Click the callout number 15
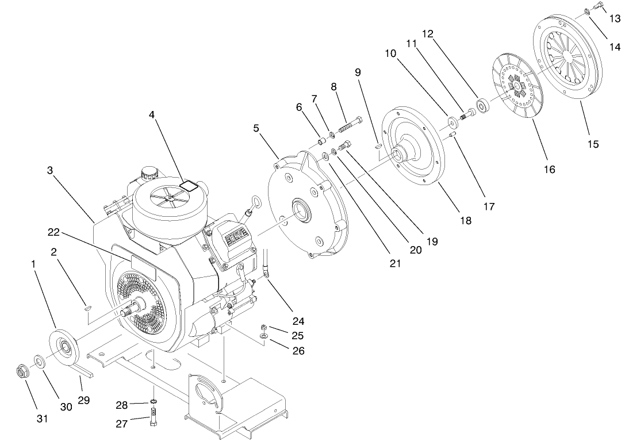[593, 144]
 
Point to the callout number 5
[256, 128]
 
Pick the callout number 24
[298, 321]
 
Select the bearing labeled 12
[481, 107]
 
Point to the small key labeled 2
[86, 308]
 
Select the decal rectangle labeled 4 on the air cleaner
[188, 185]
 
